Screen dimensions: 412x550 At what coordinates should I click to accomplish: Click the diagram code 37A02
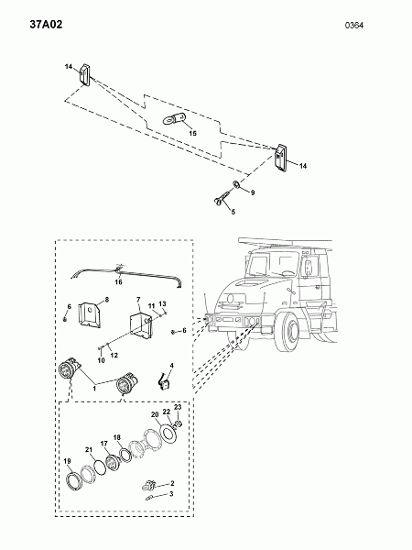click(46, 25)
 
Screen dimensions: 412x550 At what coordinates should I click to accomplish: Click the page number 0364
click(354, 26)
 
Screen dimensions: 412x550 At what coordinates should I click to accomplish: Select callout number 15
click(192, 133)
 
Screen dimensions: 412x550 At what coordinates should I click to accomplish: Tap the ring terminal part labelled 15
click(174, 118)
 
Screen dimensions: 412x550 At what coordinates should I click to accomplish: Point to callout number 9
click(253, 192)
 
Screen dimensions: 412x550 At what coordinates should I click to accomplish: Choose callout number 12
click(114, 355)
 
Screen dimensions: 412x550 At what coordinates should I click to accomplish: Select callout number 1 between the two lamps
click(94, 389)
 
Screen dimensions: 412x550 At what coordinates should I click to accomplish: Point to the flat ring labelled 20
click(168, 433)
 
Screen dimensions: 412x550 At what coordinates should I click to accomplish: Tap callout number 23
click(178, 407)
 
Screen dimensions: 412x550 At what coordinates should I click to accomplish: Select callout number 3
click(171, 494)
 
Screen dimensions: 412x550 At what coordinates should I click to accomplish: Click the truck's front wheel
click(290, 332)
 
